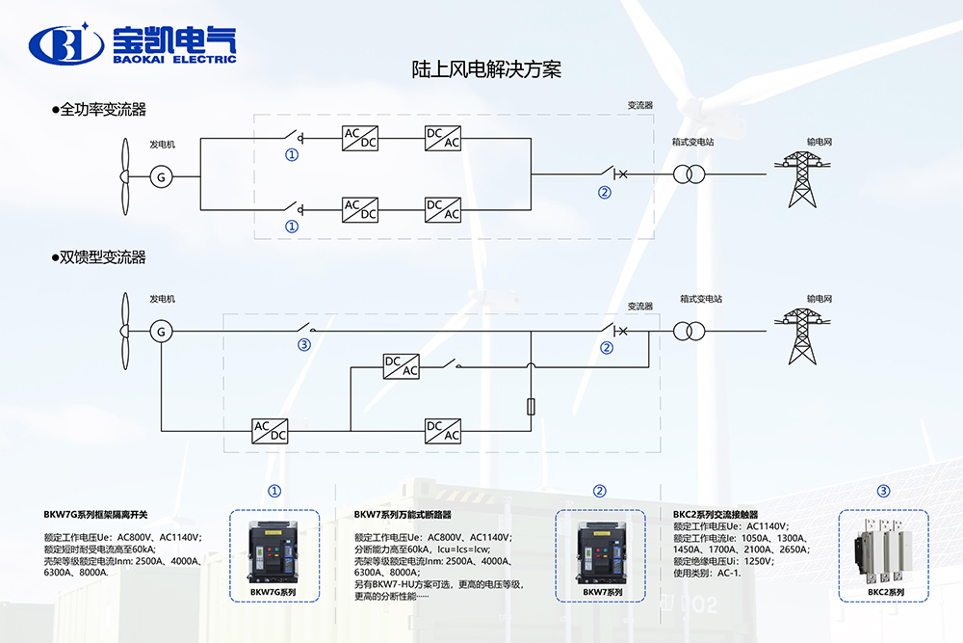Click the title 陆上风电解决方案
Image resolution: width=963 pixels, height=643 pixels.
486,69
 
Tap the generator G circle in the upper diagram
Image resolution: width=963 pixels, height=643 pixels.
161,175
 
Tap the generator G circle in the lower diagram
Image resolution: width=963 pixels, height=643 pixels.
161,332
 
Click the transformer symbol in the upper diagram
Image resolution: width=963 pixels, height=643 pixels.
690,174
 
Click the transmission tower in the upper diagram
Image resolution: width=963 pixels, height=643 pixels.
802,179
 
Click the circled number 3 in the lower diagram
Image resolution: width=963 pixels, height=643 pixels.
304,345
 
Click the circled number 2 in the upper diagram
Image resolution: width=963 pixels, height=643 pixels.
605,191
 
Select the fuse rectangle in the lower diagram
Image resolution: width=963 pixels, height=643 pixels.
532,407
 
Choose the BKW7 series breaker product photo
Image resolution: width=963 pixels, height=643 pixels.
599,552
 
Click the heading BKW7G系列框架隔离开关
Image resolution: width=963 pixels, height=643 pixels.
96,515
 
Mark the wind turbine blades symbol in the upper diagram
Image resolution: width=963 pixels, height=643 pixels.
124,175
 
